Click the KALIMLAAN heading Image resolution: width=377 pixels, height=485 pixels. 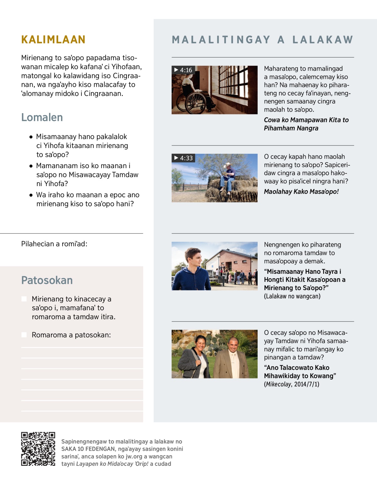(53, 40)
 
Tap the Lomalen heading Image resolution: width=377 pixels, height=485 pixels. (42, 117)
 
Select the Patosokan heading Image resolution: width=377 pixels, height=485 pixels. (47, 280)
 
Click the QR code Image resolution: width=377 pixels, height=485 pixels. (38, 449)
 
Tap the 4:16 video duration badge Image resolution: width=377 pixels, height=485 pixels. (183, 70)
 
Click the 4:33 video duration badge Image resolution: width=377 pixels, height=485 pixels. (183, 158)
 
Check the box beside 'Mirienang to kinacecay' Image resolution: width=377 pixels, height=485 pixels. (24, 299)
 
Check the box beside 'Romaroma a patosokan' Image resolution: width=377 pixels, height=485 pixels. (24, 335)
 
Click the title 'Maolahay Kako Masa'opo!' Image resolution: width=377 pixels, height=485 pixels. (301, 191)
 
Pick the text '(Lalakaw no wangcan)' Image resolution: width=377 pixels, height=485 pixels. (292, 296)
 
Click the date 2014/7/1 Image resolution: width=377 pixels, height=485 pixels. (306, 384)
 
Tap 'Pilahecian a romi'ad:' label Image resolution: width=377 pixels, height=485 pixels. (54, 244)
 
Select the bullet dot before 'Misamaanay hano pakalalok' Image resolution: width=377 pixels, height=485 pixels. (31, 137)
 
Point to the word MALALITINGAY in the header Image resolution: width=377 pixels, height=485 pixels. (221, 40)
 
